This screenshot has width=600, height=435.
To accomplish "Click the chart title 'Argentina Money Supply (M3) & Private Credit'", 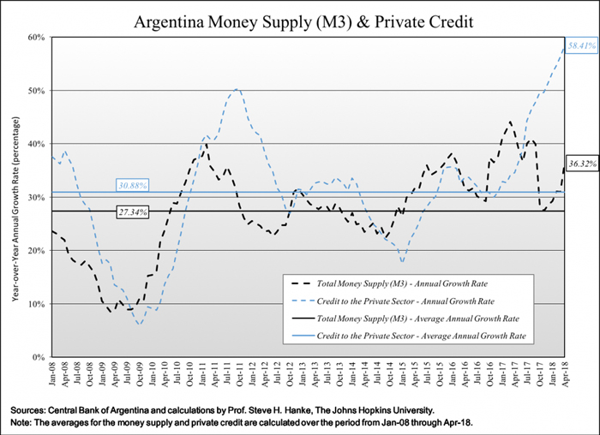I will pyautogui.click(x=299, y=18).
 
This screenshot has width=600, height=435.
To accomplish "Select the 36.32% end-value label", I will pyautogui.click(x=580, y=163).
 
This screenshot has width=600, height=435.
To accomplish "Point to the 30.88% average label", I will pyautogui.click(x=133, y=185).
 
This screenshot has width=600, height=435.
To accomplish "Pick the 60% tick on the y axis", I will pyautogui.click(x=35, y=38).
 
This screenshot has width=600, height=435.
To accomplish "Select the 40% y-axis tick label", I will pyautogui.click(x=35, y=144).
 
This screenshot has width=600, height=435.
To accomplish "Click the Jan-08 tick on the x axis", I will pyautogui.click(x=51, y=375).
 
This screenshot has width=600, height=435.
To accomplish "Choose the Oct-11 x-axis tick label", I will pyautogui.click(x=237, y=375).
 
